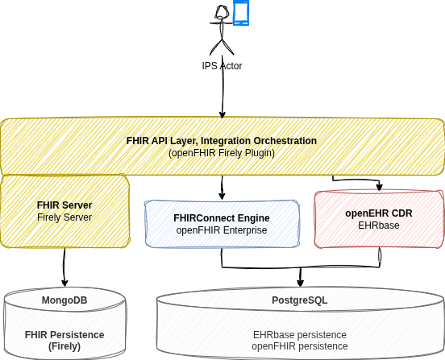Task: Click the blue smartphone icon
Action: tap(241, 13)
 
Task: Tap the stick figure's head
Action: tap(222, 12)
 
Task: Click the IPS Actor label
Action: tap(222, 66)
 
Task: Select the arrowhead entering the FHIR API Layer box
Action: tap(222, 114)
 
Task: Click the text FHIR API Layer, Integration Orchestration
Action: tap(222, 141)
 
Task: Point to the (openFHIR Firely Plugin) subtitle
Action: tap(222, 153)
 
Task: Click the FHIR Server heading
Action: tap(64, 205)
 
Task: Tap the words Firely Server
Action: tap(64, 217)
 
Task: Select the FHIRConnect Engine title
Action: tap(222, 218)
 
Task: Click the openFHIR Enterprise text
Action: tap(222, 230)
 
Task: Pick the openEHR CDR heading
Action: tap(379, 213)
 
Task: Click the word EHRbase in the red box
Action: tap(379, 226)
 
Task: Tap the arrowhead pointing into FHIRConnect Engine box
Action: tap(222, 196)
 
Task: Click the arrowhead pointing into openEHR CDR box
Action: tap(380, 187)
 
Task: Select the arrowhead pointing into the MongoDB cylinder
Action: tap(64, 283)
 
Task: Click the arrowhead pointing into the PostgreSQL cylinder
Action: tap(300, 283)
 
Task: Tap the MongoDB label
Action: tap(64, 300)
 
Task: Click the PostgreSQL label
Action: tap(300, 300)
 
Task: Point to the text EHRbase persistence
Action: tap(300, 335)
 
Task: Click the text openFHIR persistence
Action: tap(300, 346)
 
